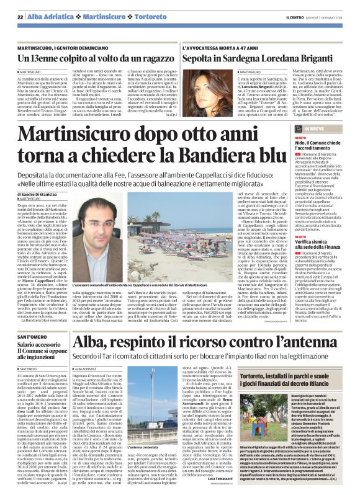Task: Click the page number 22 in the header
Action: pos(20,16)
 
